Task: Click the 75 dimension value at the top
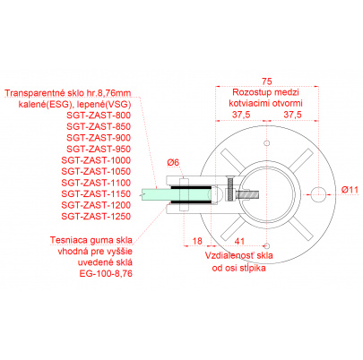tap(267, 81)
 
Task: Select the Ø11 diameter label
tap(350, 190)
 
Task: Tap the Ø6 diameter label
tap(173, 162)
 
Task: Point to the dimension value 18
tap(197, 241)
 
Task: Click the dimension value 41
tap(239, 241)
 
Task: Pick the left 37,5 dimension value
tap(241, 115)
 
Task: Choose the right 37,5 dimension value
tap(292, 115)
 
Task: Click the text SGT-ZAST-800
tap(99, 116)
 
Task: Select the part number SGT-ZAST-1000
tap(96, 160)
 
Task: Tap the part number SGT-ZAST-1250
tap(96, 216)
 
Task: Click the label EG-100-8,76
tap(106, 273)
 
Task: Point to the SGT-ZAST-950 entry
tap(99, 149)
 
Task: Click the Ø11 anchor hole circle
tap(318, 194)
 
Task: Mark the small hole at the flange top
tap(267, 142)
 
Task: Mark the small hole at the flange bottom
tap(267, 246)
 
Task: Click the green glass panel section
tap(177, 194)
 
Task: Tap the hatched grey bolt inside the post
tap(246, 194)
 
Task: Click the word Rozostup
tap(247, 92)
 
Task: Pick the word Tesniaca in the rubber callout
tap(65, 240)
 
